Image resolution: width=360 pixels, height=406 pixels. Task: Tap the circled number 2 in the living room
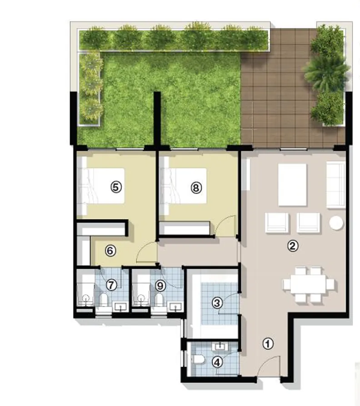(293, 246)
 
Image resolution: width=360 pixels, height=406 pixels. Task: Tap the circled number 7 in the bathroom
(111, 285)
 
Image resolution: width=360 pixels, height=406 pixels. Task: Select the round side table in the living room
(337, 223)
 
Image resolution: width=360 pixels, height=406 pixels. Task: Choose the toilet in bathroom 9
(160, 300)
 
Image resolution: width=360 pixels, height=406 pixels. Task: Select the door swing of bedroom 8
(226, 227)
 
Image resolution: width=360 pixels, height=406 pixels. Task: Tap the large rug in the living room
(292, 184)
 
